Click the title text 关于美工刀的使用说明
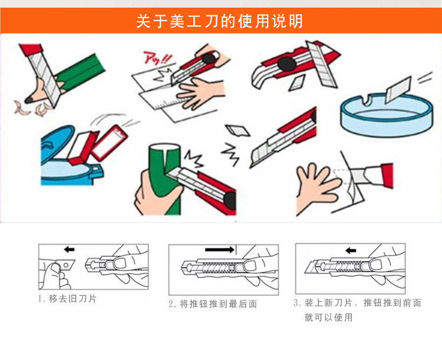click(220, 21)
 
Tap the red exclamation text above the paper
click(157, 58)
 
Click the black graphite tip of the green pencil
click(29, 100)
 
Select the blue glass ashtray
click(387, 115)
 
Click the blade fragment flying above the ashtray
click(398, 89)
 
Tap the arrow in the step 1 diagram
click(69, 249)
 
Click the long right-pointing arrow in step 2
click(220, 249)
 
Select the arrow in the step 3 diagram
click(351, 250)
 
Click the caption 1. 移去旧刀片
click(67, 299)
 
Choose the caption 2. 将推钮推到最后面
click(213, 304)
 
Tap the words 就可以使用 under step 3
click(328, 318)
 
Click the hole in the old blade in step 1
click(65, 265)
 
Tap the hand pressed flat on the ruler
click(200, 92)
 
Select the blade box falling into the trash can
click(110, 143)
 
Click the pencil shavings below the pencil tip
click(34, 108)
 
